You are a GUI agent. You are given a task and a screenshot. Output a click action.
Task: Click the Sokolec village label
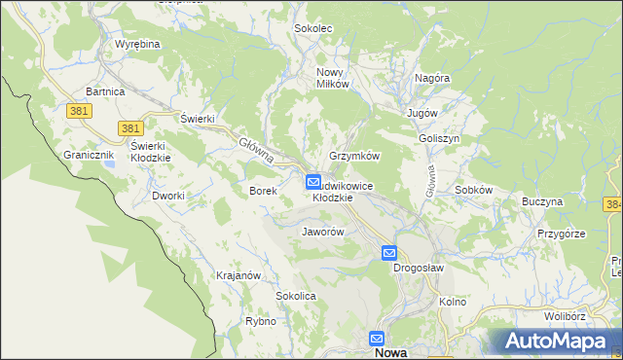pyautogui.click(x=313, y=29)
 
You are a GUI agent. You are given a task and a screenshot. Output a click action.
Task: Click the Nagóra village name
pyautogui.click(x=431, y=78)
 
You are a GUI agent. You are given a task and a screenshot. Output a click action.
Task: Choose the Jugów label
pyautogui.click(x=423, y=114)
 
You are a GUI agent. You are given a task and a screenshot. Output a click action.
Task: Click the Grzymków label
pyautogui.click(x=354, y=156)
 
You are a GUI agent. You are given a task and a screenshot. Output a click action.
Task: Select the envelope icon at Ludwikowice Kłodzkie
pyautogui.click(x=314, y=181)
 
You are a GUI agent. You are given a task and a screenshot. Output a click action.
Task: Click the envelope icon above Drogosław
pyautogui.click(x=389, y=253)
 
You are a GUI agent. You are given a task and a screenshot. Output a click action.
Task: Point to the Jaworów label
pyautogui.click(x=323, y=233)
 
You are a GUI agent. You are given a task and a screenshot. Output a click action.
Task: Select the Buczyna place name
pyautogui.click(x=542, y=202)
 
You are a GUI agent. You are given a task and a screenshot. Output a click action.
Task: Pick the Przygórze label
pyautogui.click(x=560, y=234)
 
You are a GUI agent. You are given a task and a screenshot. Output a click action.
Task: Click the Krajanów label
pyautogui.click(x=238, y=275)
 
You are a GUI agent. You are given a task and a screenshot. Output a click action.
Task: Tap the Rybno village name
pyautogui.click(x=261, y=321)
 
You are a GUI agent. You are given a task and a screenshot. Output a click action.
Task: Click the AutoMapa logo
pyautogui.click(x=554, y=342)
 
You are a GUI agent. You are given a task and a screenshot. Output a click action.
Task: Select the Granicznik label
pyautogui.click(x=90, y=155)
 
